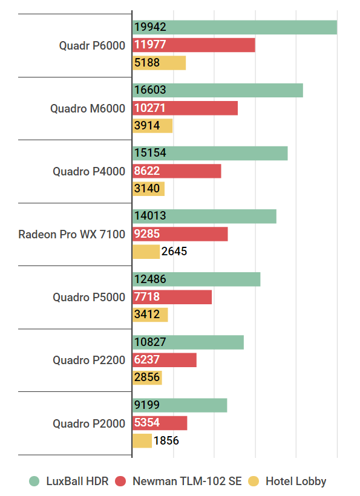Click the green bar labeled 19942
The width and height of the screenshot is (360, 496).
[234, 27]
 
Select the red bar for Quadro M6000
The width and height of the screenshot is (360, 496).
[185, 108]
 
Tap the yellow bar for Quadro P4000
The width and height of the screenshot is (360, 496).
[148, 189]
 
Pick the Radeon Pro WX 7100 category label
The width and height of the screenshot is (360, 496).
[71, 234]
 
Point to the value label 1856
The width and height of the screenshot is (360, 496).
[166, 440]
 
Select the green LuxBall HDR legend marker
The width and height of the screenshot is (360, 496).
[35, 481]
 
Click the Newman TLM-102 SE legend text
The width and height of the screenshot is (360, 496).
[186, 481]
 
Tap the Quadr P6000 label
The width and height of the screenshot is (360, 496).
[92, 45]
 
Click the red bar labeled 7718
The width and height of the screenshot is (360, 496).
[172, 297]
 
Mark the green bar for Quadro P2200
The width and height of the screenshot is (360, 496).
[188, 342]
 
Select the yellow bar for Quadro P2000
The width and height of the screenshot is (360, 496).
[142, 440]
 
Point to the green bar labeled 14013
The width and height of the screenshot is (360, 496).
[204, 217]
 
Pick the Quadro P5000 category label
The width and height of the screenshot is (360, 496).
[89, 297]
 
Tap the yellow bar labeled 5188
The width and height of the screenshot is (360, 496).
[159, 63]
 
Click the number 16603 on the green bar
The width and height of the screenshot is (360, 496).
[150, 90]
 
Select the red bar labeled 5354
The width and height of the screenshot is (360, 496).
[160, 423]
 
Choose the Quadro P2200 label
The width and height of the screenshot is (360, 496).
[89, 360]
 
